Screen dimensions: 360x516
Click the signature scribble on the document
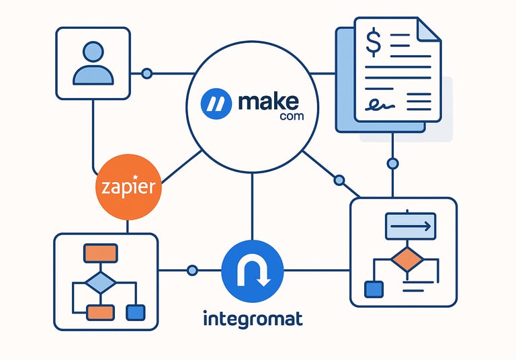click(x=379, y=104)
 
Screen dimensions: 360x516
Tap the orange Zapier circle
click(x=129, y=187)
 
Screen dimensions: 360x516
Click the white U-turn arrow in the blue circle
click(x=253, y=270)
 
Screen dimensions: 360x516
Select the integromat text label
click(x=252, y=317)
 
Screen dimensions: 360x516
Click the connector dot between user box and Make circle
click(x=146, y=73)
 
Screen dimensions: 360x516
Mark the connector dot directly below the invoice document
click(x=392, y=163)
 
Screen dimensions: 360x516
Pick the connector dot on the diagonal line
click(x=339, y=180)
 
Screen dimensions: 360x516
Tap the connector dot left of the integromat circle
click(x=192, y=270)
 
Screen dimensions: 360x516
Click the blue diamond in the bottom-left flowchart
click(x=100, y=281)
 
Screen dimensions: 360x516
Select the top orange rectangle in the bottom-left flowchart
click(x=100, y=253)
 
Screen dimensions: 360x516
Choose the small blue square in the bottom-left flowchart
click(x=136, y=312)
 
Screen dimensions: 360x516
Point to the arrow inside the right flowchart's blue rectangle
click(x=410, y=226)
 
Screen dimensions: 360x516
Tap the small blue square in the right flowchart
click(x=372, y=289)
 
